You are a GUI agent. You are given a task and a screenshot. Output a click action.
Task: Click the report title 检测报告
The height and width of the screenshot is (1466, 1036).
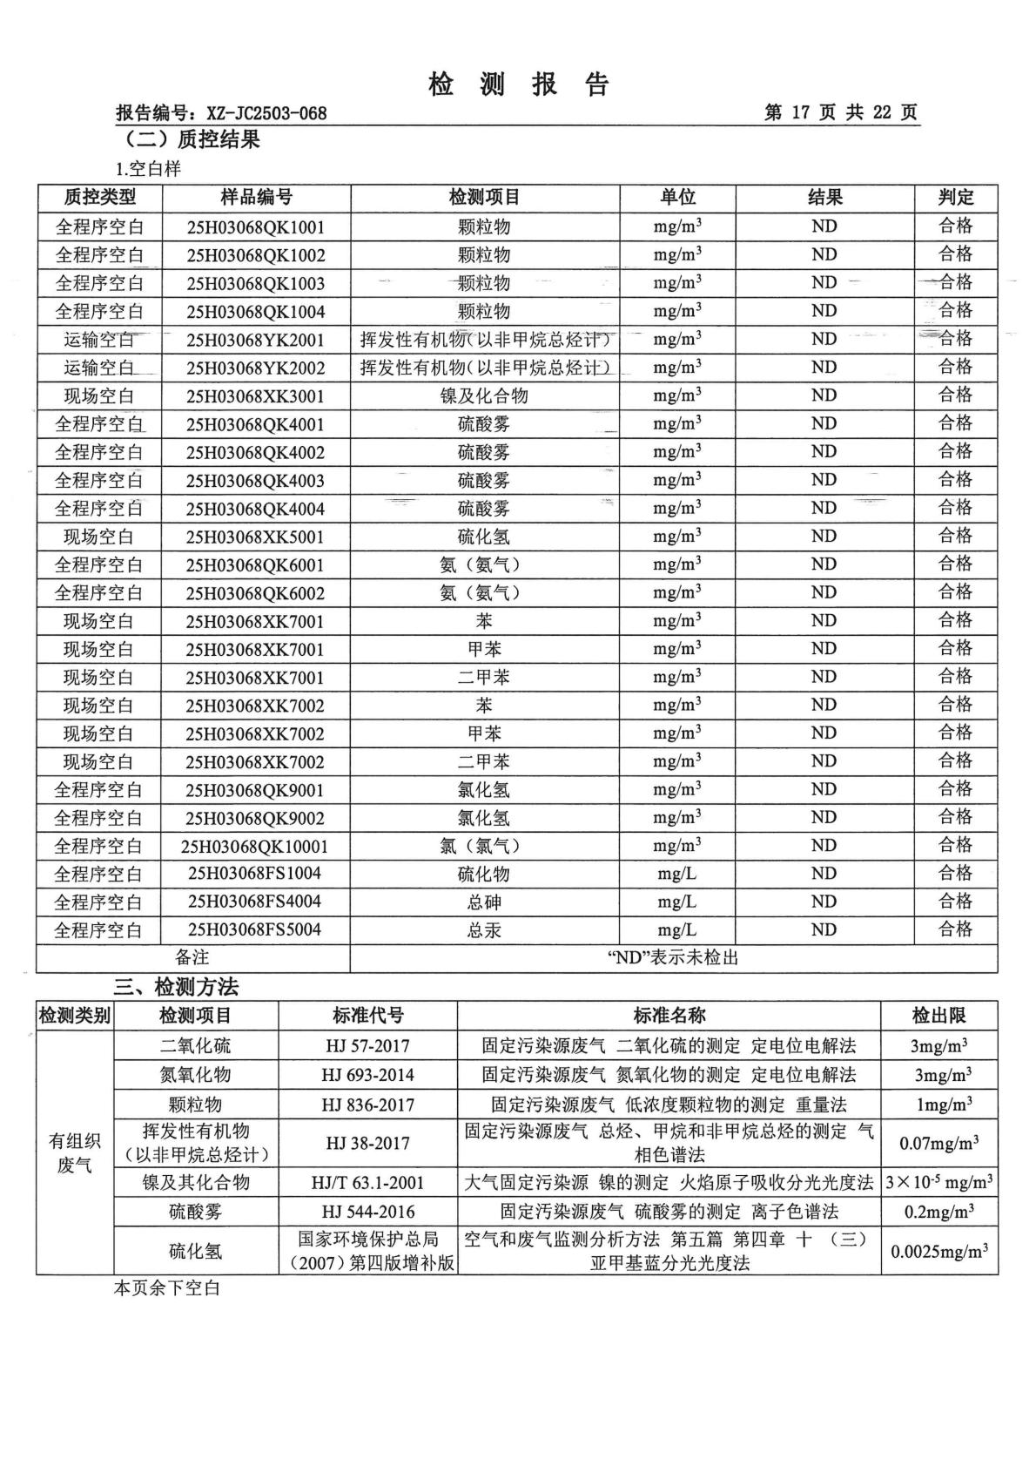519,84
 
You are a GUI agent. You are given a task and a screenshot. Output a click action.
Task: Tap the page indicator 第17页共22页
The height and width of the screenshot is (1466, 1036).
840,112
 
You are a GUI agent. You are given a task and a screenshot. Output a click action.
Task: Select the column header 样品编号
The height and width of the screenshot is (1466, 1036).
256,198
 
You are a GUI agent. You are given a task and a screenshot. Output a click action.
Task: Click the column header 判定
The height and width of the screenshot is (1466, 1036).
955,198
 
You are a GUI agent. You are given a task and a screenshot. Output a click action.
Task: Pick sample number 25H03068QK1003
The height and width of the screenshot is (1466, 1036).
256,283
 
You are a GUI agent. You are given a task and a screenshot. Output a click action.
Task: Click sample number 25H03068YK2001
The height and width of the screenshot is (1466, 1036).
256,340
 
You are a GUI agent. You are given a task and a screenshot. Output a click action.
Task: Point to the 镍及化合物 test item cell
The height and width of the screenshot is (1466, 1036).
484,396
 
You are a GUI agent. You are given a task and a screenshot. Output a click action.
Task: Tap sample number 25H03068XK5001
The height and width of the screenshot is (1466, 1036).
256,537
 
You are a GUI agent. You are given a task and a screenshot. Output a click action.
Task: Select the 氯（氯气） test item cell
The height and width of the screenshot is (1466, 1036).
484,846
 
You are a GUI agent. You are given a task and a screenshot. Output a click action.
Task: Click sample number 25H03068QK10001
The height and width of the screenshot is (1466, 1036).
256,846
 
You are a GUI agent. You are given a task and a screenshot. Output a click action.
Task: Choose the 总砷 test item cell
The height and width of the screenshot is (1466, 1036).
484,902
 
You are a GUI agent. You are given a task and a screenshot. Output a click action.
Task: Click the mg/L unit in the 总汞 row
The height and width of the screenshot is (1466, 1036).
676,929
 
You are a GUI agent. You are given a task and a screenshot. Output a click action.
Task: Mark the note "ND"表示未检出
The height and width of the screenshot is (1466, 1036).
673,958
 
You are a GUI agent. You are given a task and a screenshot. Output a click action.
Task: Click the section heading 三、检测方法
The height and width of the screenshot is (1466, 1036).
176,987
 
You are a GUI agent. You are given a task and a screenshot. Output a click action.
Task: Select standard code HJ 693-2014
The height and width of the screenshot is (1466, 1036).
367,1075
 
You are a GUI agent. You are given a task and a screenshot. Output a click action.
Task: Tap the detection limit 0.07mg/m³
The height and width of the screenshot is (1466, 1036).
938,1143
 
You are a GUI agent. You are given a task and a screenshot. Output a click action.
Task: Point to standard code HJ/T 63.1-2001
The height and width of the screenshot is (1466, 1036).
367,1182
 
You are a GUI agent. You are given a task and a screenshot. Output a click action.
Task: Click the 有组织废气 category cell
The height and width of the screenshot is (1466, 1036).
75,1152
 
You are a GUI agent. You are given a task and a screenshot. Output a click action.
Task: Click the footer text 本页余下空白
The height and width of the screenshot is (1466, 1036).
167,1287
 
